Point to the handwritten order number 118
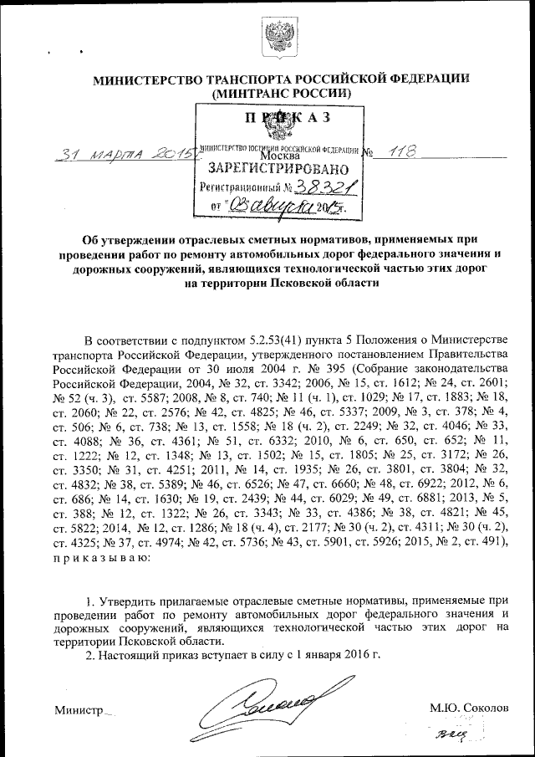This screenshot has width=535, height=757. click(400, 152)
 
